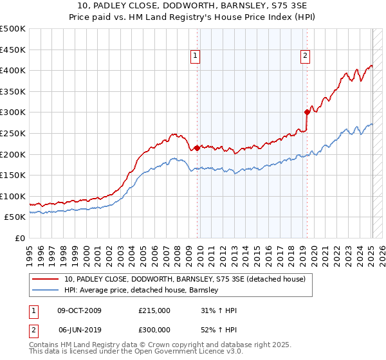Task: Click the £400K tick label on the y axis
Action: (13, 70)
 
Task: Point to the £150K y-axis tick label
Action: (13, 175)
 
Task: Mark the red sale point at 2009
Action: (197, 148)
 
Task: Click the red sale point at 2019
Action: (307, 112)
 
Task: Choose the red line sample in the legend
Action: (45, 279)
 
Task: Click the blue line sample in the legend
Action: (45, 290)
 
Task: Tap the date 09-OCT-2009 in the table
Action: (79, 310)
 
